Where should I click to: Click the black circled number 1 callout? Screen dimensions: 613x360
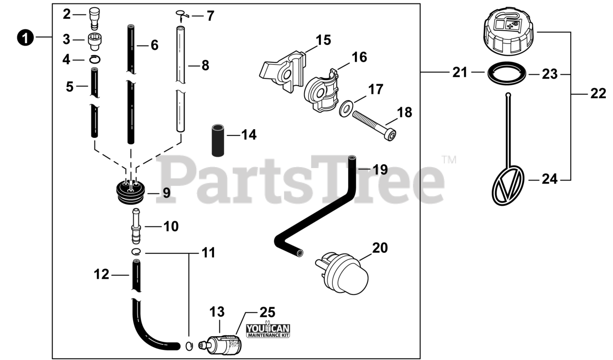pyautogui.click(x=25, y=37)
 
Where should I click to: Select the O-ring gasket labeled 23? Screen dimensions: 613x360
pyautogui.click(x=508, y=74)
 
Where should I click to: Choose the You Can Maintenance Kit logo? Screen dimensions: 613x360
pyautogui.click(x=268, y=330)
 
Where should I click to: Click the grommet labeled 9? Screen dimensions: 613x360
pyautogui.click(x=131, y=192)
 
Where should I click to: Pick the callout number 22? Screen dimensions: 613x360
pyautogui.click(x=598, y=94)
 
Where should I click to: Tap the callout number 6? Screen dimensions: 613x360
pyautogui.click(x=154, y=45)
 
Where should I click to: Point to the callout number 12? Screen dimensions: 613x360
pyautogui.click(x=102, y=274)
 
